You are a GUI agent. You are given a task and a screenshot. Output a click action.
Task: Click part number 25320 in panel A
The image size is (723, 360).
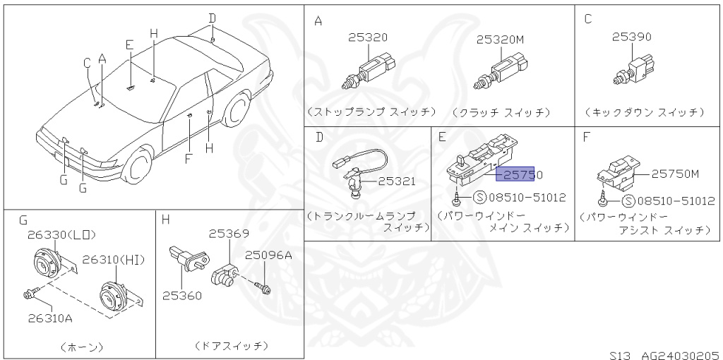[x=367, y=38]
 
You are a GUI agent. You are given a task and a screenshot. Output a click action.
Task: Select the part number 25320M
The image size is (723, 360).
[x=500, y=40]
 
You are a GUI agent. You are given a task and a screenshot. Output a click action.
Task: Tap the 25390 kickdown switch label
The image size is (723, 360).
[x=631, y=37]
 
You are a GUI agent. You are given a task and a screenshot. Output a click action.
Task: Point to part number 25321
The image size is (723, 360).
[x=396, y=181]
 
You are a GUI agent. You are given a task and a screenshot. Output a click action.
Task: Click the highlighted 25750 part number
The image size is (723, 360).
[x=519, y=174]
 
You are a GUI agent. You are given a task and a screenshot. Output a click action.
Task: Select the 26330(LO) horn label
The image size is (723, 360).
[x=61, y=235]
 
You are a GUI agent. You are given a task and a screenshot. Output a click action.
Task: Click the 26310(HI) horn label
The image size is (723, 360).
[x=114, y=260]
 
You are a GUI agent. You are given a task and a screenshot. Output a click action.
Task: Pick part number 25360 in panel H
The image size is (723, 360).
[x=183, y=295]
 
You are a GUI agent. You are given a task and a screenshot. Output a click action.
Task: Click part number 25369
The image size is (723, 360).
[x=228, y=233]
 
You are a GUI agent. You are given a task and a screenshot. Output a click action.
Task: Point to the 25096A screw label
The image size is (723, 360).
[x=268, y=256]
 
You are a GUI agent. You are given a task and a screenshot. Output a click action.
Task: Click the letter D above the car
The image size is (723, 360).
[x=212, y=18]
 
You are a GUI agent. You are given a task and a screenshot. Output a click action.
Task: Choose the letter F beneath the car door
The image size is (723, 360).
[x=188, y=159]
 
